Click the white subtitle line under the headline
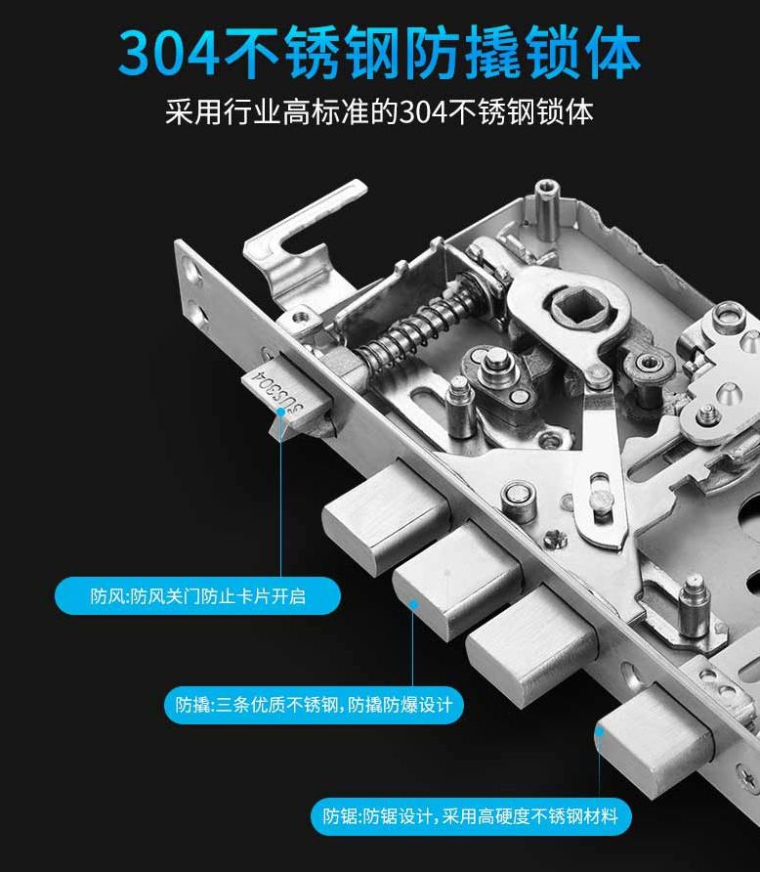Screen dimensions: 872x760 pos(379,109)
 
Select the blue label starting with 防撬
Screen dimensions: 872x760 pos(314,704)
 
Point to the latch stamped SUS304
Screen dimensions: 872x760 pos(277,396)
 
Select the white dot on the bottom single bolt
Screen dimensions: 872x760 pos(600,727)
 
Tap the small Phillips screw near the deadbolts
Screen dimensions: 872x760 pos(554,538)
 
